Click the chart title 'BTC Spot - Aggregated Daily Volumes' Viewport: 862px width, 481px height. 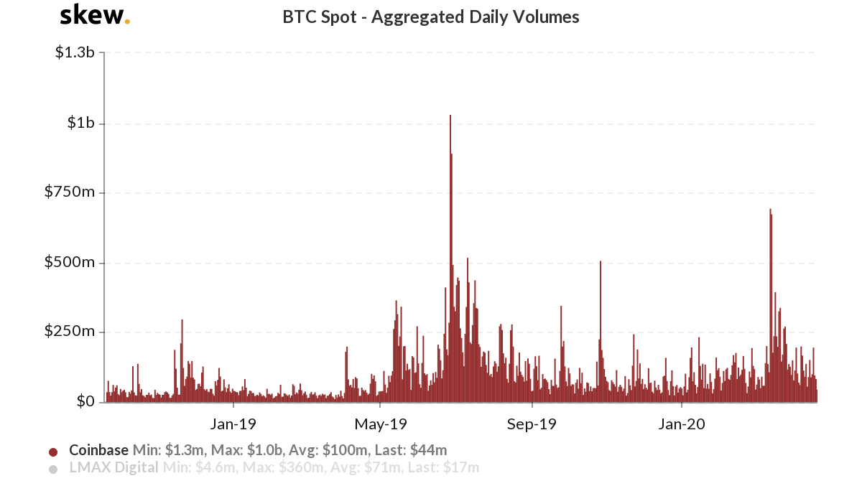coord(431,17)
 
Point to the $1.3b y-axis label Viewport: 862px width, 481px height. coord(75,53)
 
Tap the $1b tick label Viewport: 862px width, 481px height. coord(81,123)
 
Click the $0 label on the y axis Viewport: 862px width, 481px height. coord(85,401)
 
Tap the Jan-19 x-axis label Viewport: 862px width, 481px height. coord(233,424)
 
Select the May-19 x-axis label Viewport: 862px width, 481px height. coord(381,424)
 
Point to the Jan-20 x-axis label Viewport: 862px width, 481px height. coord(681,424)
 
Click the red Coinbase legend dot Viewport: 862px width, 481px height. coord(53,452)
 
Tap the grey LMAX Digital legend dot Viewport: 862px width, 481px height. coord(53,470)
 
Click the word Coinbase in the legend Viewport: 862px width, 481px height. coord(99,451)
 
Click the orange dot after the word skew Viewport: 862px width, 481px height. coord(127,22)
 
